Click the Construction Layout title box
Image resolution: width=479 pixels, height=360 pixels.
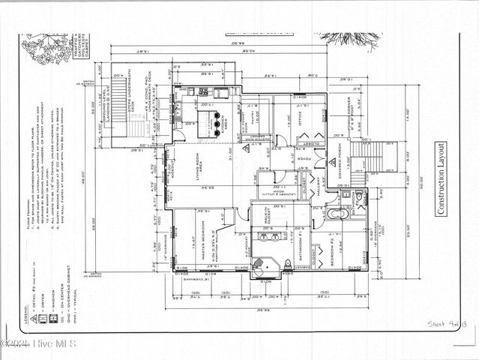442,179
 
